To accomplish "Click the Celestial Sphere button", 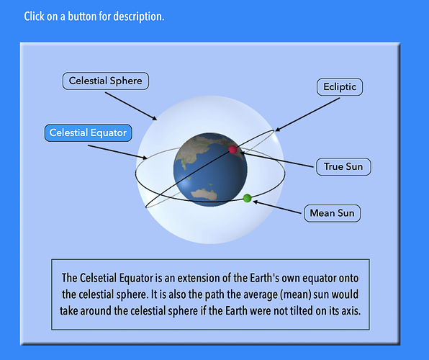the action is pyautogui.click(x=106, y=81).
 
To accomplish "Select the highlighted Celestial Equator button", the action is pyautogui.click(x=88, y=132).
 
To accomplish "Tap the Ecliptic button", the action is pyautogui.click(x=340, y=87).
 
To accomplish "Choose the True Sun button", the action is pyautogui.click(x=343, y=167).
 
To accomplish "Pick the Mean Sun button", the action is pyautogui.click(x=332, y=213).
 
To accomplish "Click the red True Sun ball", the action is pyautogui.click(x=232, y=150).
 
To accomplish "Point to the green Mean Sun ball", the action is pyautogui.click(x=247, y=198).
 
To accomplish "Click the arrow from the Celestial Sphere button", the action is pyautogui.click(x=131, y=106).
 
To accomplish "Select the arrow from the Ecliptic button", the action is pyautogui.click(x=307, y=114).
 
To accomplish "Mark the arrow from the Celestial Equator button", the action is pyautogui.click(x=117, y=152).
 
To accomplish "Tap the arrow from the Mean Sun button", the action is pyautogui.click(x=277, y=207).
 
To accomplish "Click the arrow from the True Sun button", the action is pyautogui.click(x=276, y=160).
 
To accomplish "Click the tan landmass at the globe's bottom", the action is pyautogui.click(x=204, y=194).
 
